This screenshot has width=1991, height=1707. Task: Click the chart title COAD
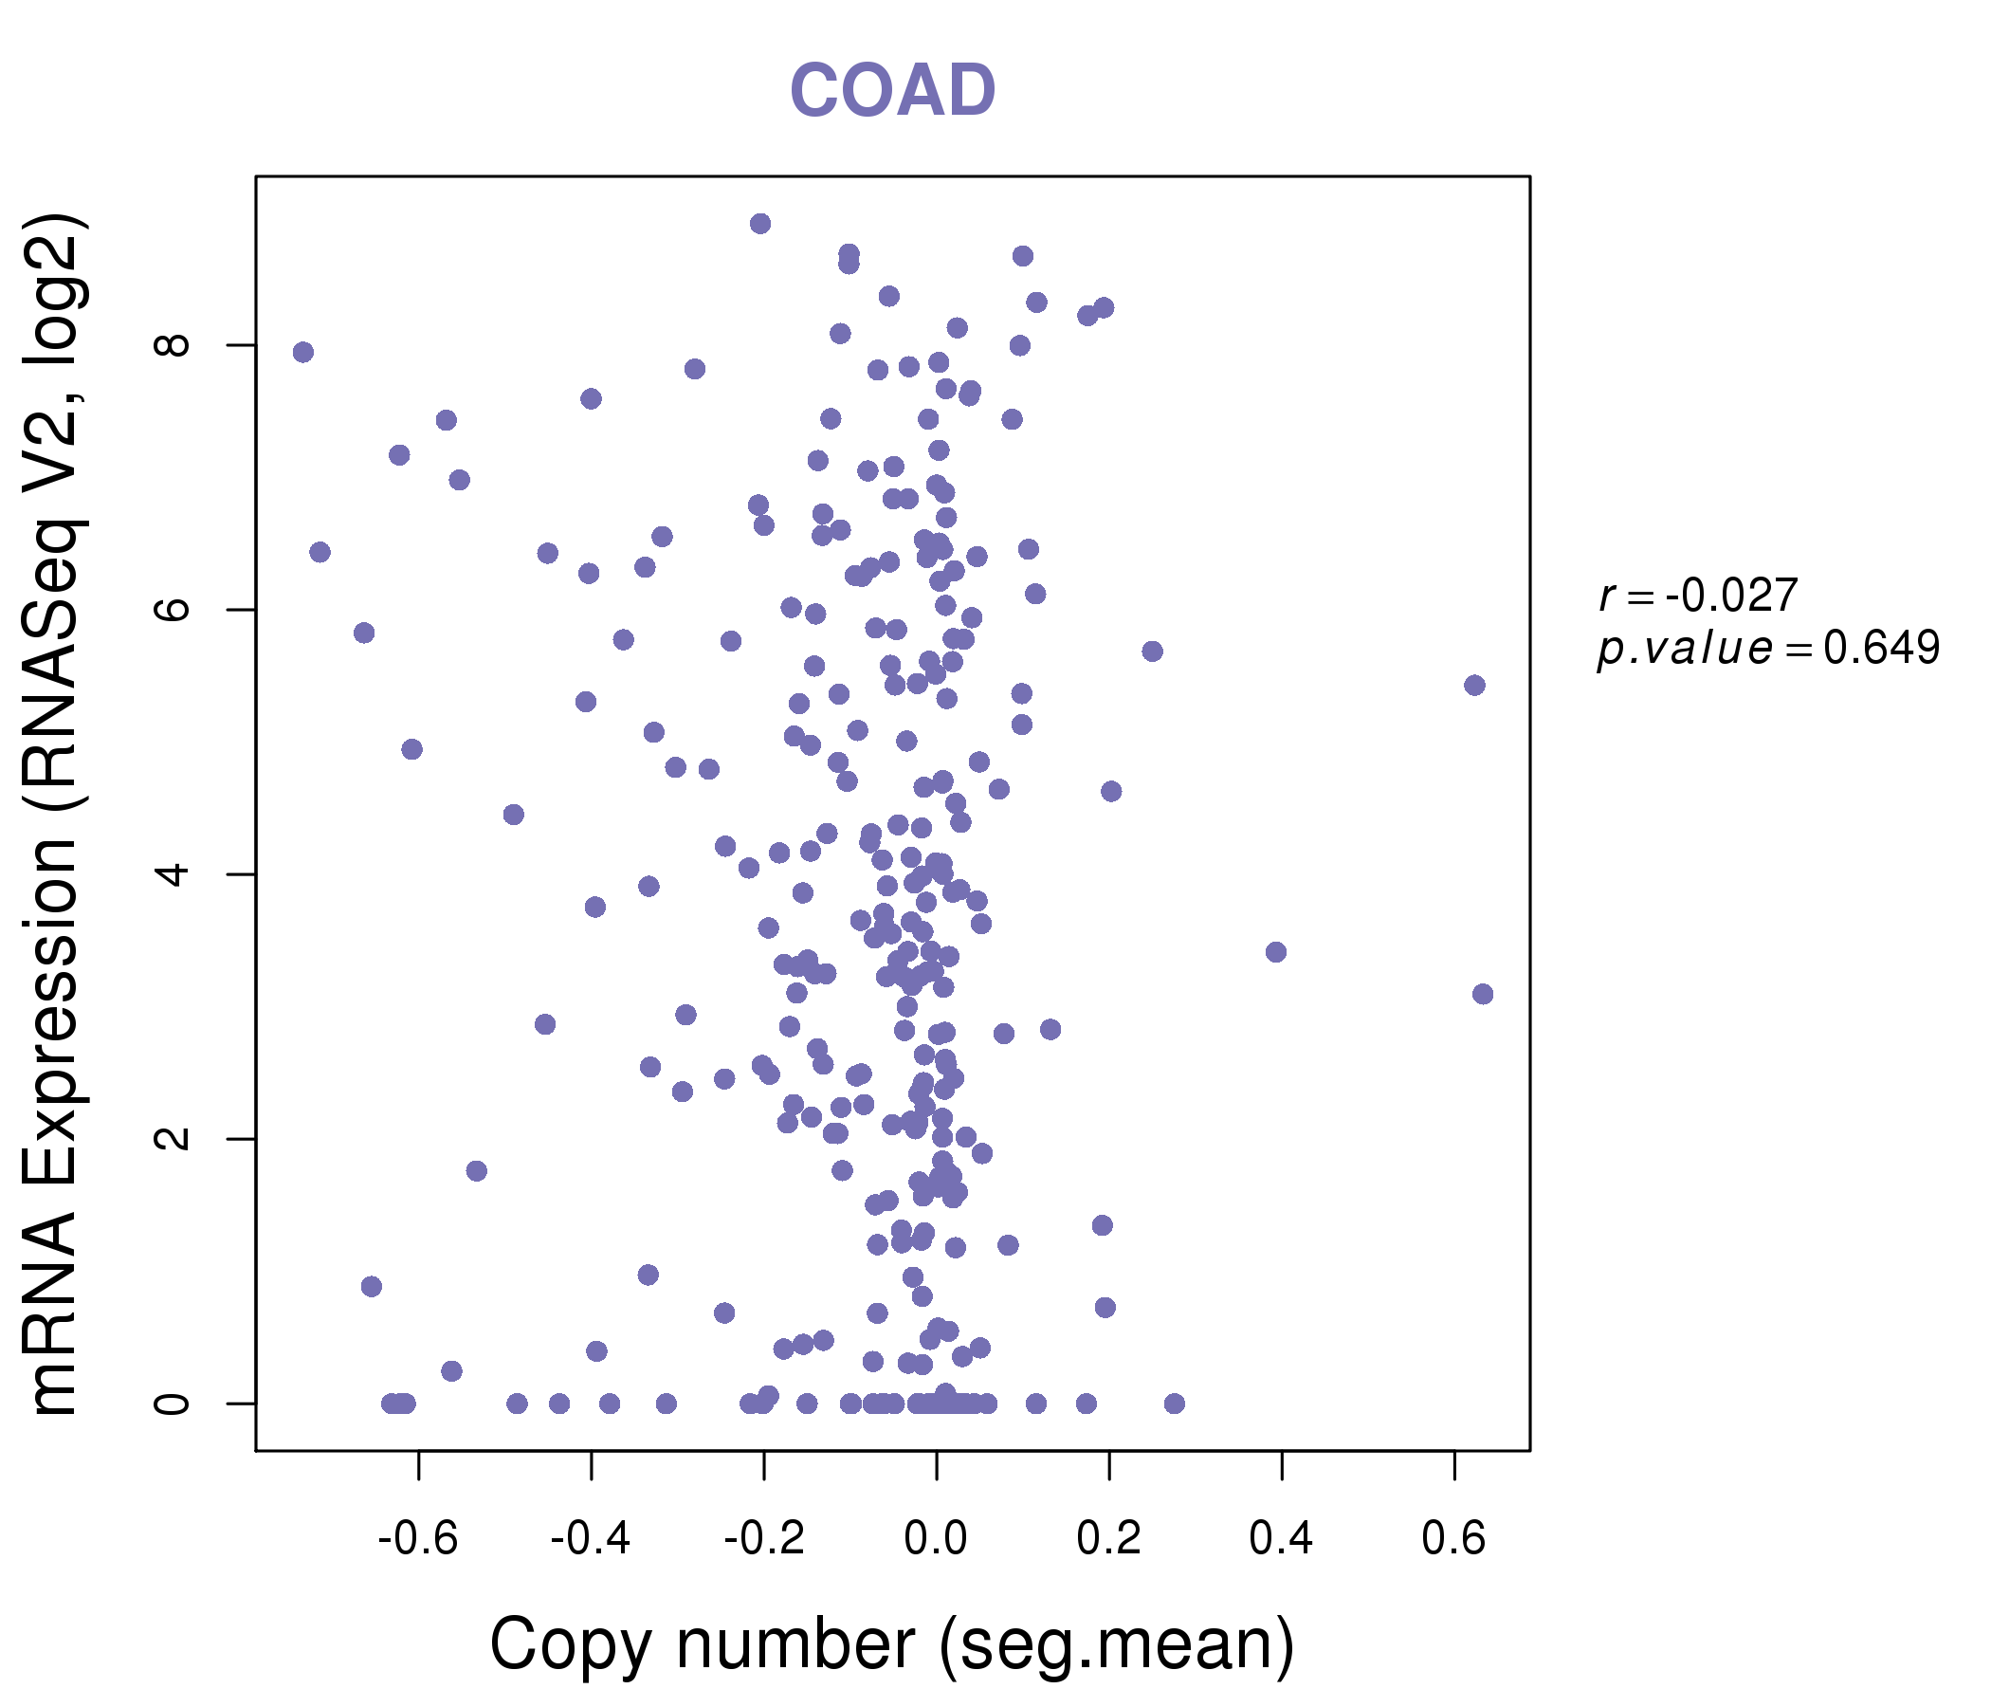pyautogui.click(x=892, y=91)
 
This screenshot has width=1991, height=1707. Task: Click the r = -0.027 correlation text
pyautogui.click(x=1698, y=597)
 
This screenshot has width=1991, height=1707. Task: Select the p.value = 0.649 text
pyautogui.click(x=1768, y=649)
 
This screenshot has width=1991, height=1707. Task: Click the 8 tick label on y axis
pyautogui.click(x=173, y=345)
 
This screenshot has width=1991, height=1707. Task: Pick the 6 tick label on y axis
pyautogui.click(x=173, y=610)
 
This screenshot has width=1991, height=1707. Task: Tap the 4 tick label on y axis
pyautogui.click(x=173, y=873)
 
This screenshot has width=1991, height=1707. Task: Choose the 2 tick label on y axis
pyautogui.click(x=173, y=1138)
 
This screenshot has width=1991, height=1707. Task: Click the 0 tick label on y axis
pyautogui.click(x=173, y=1404)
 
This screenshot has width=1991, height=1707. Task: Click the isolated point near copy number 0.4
pyautogui.click(x=1275, y=951)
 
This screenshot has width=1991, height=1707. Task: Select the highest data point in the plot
pyautogui.click(x=760, y=224)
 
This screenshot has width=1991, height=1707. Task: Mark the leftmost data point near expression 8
pyautogui.click(x=302, y=352)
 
